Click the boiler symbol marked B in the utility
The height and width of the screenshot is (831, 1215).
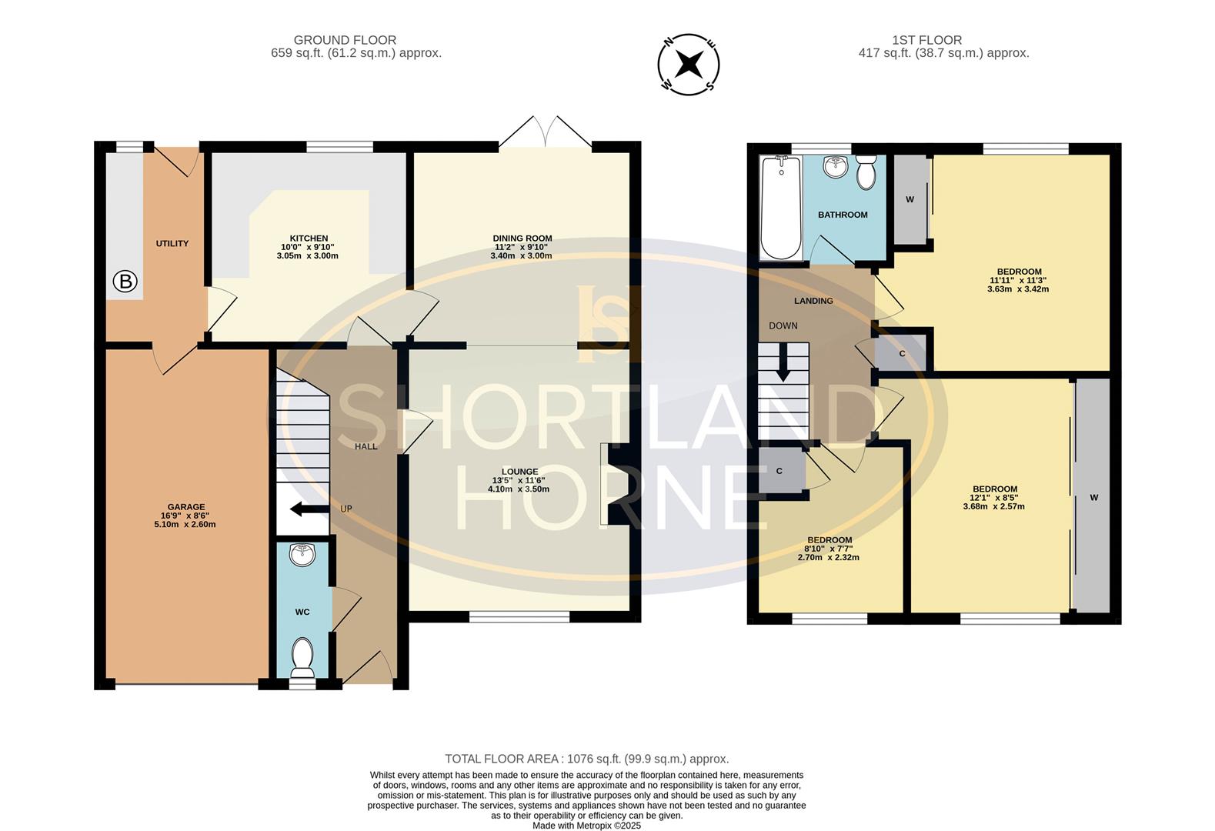125,282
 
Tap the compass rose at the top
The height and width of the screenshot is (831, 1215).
689,65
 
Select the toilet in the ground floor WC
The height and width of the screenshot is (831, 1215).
302,657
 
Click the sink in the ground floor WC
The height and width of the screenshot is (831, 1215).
302,554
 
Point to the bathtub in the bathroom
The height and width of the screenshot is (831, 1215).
781,208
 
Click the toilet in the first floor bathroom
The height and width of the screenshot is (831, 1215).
866,172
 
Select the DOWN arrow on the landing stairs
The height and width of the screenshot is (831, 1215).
783,362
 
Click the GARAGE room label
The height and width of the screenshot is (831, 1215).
186,507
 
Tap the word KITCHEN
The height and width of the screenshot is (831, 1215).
309,238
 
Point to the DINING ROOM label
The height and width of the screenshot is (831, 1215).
522,238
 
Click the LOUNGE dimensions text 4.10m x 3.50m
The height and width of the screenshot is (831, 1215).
519,489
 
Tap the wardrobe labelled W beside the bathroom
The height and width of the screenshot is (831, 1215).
911,199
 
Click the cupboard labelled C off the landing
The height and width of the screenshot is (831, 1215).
902,354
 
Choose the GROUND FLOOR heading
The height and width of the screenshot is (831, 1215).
345,40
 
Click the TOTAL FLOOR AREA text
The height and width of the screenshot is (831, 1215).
587,759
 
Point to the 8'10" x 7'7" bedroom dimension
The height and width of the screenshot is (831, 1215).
829,549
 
